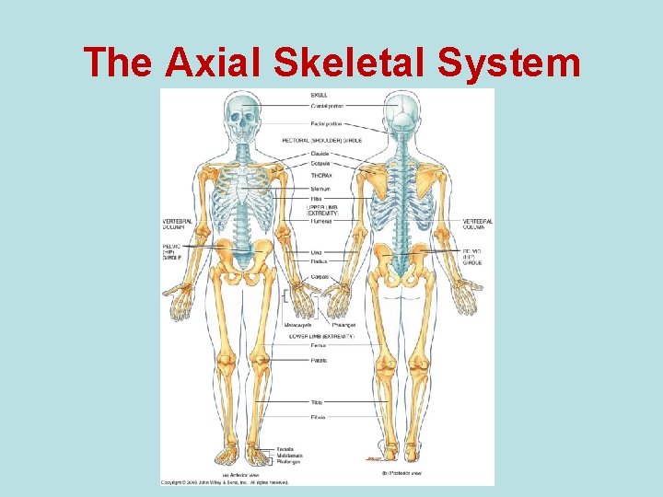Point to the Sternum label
(320, 189)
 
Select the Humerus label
(321, 222)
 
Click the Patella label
(319, 360)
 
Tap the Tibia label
(317, 402)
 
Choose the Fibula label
(318, 416)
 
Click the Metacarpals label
(297, 325)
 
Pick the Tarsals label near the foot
(285, 449)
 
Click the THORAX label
(321, 174)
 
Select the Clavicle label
(321, 154)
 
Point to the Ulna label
(317, 251)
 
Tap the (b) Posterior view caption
(402, 473)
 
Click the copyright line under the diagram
(225, 481)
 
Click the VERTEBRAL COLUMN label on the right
(478, 224)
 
